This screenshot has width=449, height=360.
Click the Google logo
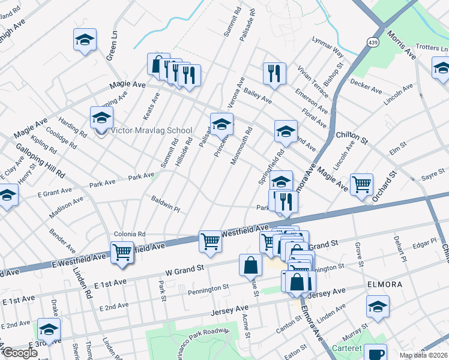19,353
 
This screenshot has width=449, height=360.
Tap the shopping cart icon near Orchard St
361,184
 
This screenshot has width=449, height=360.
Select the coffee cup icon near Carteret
375,353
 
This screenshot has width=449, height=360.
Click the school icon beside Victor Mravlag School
101,117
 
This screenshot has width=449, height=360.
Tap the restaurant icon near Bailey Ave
274,73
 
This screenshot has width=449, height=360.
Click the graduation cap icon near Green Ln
85,40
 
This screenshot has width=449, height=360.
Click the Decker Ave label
366,86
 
